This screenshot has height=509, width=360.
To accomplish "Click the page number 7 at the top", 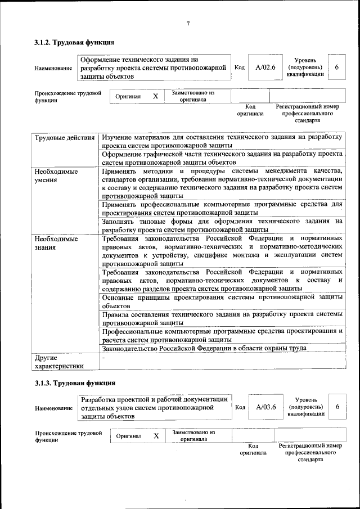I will point(188,23).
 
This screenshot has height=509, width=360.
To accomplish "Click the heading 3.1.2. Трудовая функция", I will point(74,42).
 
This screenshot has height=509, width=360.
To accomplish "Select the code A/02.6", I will point(265,67).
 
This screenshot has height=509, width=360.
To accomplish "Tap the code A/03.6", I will point(265,407).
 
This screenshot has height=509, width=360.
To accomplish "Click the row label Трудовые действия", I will point(64,138).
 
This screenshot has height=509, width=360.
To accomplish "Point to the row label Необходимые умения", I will point(56,176).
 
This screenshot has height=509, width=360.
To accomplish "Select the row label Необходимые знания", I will point(56,243).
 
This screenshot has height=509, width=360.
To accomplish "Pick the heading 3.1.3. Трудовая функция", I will point(74,384).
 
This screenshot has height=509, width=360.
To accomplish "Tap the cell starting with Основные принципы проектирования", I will point(222,300).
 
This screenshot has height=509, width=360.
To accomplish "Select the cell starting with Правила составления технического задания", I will point(222,319).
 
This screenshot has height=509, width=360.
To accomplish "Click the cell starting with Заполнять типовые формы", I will point(222,225).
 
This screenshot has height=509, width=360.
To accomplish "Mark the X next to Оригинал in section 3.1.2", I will point(155,96).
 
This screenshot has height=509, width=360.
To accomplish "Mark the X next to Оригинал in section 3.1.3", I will point(156,436).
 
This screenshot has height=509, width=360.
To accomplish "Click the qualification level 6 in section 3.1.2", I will point(336,67).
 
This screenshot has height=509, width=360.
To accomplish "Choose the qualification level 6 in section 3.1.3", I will point(337,407).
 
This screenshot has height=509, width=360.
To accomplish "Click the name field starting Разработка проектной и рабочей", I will point(154,408).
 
